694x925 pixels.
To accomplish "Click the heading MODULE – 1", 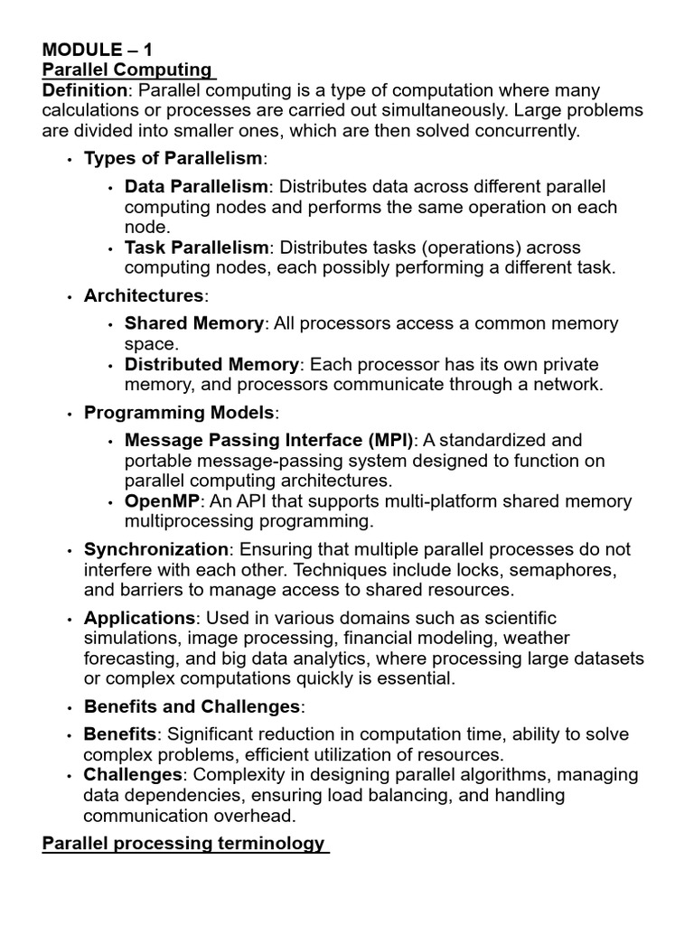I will click(x=97, y=50).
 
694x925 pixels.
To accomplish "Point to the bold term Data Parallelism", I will click(x=196, y=186).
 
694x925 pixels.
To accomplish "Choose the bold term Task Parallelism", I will click(x=196, y=248).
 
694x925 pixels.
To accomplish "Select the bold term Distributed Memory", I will click(x=211, y=364).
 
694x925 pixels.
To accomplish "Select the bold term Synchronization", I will click(x=156, y=549).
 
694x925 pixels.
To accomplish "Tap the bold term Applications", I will click(x=139, y=618).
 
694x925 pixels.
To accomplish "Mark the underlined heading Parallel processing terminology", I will click(x=183, y=844).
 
